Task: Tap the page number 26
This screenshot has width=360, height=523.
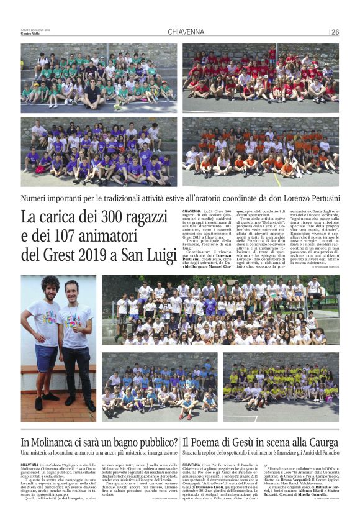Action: (x=335, y=32)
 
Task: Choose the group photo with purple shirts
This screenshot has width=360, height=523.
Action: (x=98, y=152)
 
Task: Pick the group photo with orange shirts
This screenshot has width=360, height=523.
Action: (x=261, y=152)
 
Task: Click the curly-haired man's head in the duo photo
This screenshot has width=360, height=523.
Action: (x=50, y=286)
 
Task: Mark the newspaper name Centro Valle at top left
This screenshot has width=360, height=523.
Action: (x=30, y=34)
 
